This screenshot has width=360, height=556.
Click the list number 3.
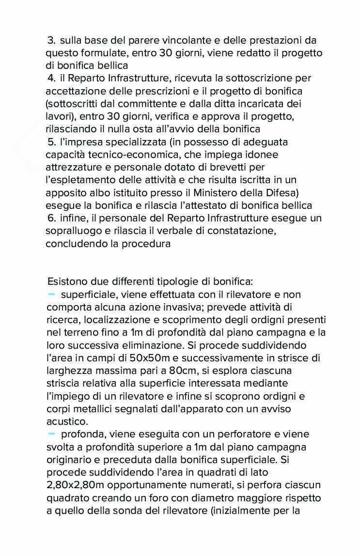51,41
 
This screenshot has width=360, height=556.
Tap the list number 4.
51,78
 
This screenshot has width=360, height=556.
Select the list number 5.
51,142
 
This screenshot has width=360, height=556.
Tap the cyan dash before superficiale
52,294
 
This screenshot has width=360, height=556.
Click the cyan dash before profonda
52,433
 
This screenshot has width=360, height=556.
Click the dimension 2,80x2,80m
78,485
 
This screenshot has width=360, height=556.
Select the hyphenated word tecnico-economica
128,155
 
